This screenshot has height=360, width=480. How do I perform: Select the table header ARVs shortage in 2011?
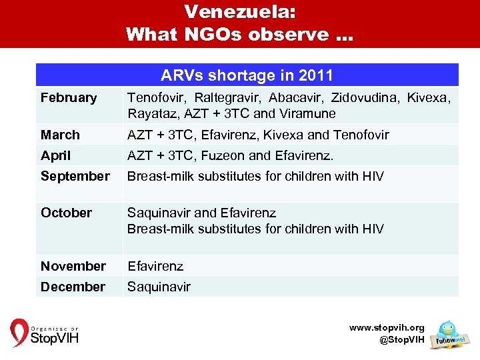pyautogui.click(x=247, y=75)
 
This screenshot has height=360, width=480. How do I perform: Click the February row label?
pyautogui.click(x=69, y=98)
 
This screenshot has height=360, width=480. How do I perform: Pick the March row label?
pyautogui.click(x=60, y=135)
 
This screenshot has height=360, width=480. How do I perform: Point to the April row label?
pyautogui.click(x=56, y=155)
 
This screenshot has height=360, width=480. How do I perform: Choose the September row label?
pyautogui.click(x=75, y=176)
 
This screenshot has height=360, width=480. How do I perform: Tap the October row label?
pyautogui.click(x=66, y=213)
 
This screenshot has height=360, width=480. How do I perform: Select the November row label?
pyautogui.click(x=73, y=266)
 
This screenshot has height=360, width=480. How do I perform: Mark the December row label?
pyautogui.click(x=73, y=287)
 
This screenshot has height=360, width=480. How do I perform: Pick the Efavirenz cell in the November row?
pyautogui.click(x=155, y=266)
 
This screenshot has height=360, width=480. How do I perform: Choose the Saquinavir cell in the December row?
pyautogui.click(x=159, y=287)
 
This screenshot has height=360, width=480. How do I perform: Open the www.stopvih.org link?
pyautogui.click(x=387, y=327)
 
